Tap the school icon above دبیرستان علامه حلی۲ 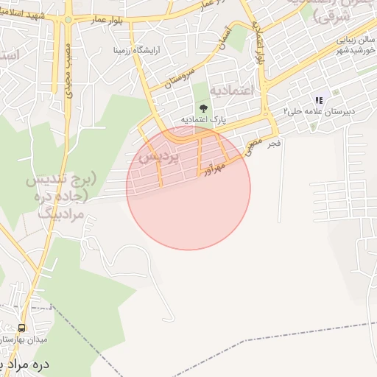coord(319,100)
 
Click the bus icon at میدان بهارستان coord(21,328)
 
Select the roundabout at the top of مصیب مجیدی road coord(68,20)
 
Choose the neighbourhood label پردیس coord(154,156)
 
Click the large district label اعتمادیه coord(232,90)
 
